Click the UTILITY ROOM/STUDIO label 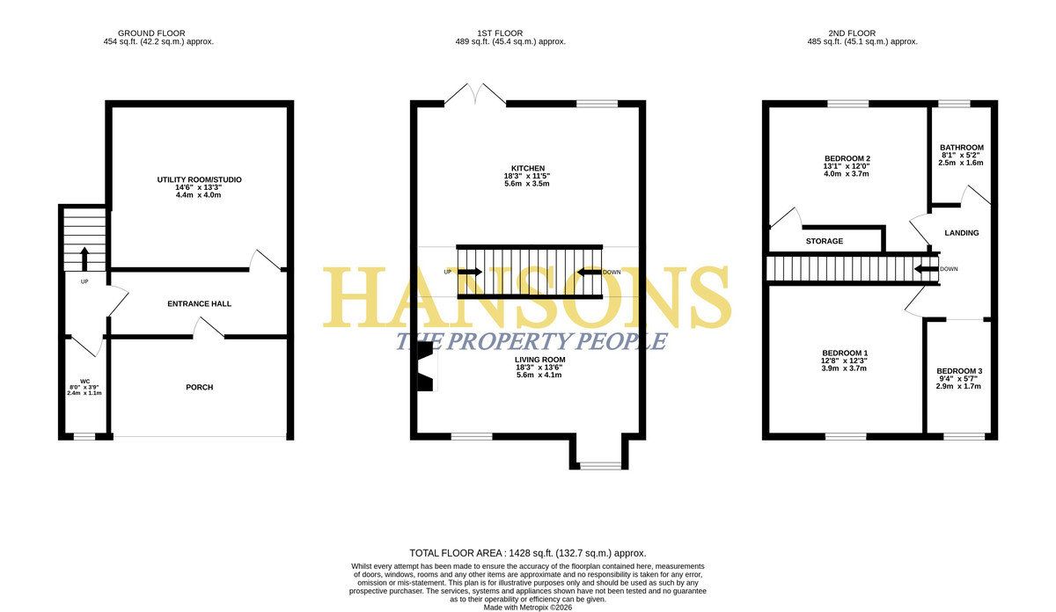pos(199,179)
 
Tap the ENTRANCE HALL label pos(200,304)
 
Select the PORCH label pos(200,387)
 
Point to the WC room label pos(84,381)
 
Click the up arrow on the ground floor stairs pos(84,259)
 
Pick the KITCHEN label pos(528,168)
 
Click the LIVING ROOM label pos(539,360)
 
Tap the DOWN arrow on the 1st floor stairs pos(589,272)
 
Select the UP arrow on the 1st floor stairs pos(470,272)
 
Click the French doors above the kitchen pos(475,94)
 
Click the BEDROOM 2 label pos(847,158)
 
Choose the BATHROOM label pos(962,148)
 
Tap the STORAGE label pos(824,241)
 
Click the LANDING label pos(962,233)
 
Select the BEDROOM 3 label pos(959,371)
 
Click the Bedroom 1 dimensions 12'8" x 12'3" pos(844,361)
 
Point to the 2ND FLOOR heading pos(852,33)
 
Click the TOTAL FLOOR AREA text pos(528,553)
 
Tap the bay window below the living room pos(600,465)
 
